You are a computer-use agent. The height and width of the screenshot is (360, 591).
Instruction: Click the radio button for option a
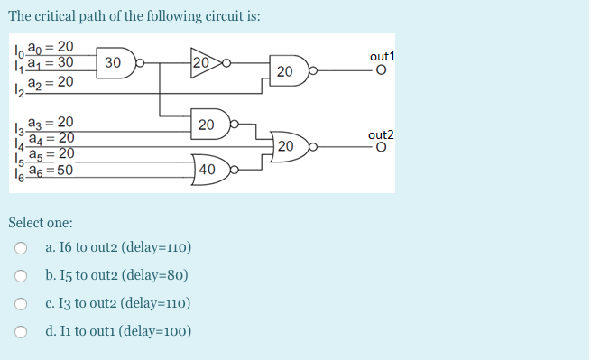(x=21, y=248)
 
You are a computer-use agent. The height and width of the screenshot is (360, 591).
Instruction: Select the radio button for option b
(x=21, y=276)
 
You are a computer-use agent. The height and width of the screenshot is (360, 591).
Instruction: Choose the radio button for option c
(x=21, y=304)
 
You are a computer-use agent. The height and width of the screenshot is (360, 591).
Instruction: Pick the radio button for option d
(x=21, y=331)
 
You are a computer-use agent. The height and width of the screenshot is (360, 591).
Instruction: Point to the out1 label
(x=383, y=57)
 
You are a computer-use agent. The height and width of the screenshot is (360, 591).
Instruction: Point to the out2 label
(x=383, y=135)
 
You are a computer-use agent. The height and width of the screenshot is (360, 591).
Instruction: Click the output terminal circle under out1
(x=382, y=72)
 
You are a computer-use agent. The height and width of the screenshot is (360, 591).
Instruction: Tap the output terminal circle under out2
(x=382, y=148)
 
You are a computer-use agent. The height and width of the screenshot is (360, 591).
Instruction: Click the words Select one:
(x=41, y=222)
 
